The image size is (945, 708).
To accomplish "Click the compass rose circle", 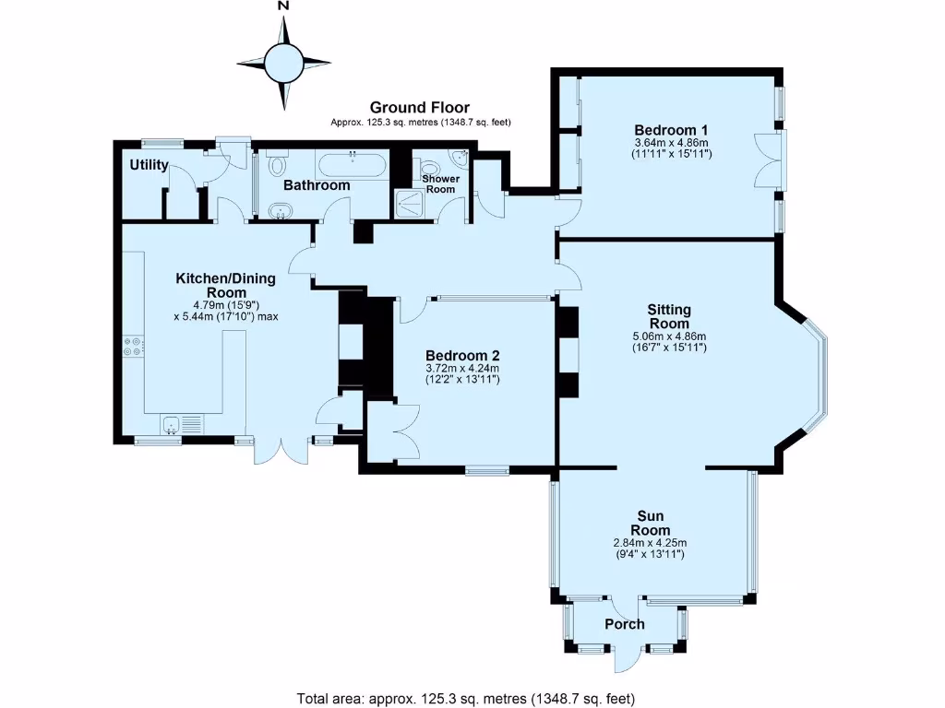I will pyautogui.click(x=283, y=63).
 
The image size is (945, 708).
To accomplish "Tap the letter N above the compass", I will pyautogui.click(x=283, y=7).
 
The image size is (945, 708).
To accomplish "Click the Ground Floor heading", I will pyautogui.click(x=420, y=108).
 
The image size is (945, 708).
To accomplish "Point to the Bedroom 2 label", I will pyautogui.click(x=462, y=356).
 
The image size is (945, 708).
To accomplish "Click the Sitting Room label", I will pyautogui.click(x=670, y=317).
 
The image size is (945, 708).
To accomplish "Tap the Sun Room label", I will pyautogui.click(x=650, y=523).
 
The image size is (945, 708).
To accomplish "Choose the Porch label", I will pyautogui.click(x=624, y=625).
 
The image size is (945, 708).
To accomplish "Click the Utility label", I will pyautogui.click(x=149, y=165).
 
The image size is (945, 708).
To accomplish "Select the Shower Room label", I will pyautogui.click(x=440, y=183).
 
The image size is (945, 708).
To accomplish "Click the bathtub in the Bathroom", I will pyautogui.click(x=352, y=167).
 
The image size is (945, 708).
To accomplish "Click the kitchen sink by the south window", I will pyautogui.click(x=172, y=425).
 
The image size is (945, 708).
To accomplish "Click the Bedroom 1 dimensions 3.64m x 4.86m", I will pyautogui.click(x=671, y=143).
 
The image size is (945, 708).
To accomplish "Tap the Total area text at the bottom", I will pyautogui.click(x=466, y=698).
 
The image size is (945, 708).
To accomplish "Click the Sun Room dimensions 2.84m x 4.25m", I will pyautogui.click(x=649, y=543).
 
